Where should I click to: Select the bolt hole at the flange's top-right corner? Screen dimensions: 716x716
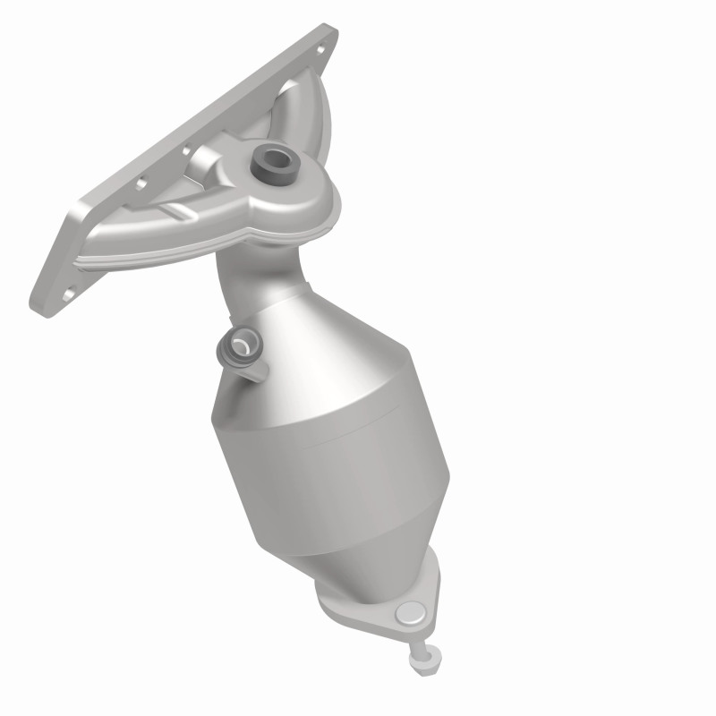320,38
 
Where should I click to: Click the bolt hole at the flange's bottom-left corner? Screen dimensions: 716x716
70,293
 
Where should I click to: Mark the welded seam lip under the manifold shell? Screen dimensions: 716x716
295,234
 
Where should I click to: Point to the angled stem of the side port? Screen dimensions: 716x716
255,362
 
